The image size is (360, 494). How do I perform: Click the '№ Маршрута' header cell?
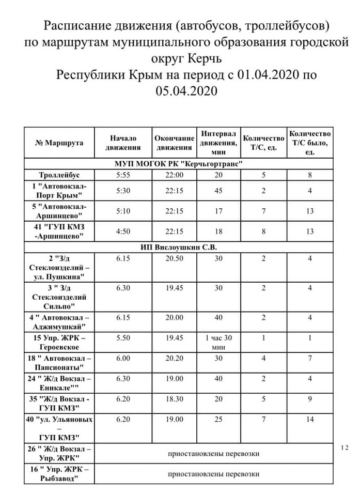(59, 143)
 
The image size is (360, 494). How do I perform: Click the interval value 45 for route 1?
(218, 191)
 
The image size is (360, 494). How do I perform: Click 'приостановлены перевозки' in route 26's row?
(213, 454)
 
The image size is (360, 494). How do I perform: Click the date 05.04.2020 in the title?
(186, 91)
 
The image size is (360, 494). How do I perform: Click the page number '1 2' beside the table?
(346, 447)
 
